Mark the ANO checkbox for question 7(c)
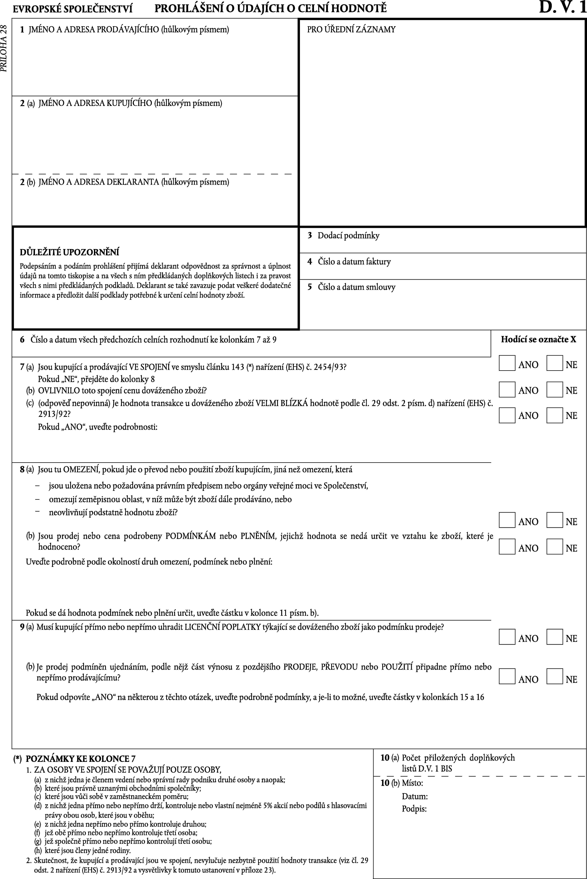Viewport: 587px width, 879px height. click(507, 415)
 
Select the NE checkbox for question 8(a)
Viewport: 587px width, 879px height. click(554, 520)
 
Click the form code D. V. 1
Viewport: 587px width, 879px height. click(562, 8)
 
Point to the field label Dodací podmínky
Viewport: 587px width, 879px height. click(348, 236)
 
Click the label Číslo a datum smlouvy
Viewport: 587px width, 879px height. click(356, 287)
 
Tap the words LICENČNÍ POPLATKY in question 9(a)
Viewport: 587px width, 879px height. click(222, 627)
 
